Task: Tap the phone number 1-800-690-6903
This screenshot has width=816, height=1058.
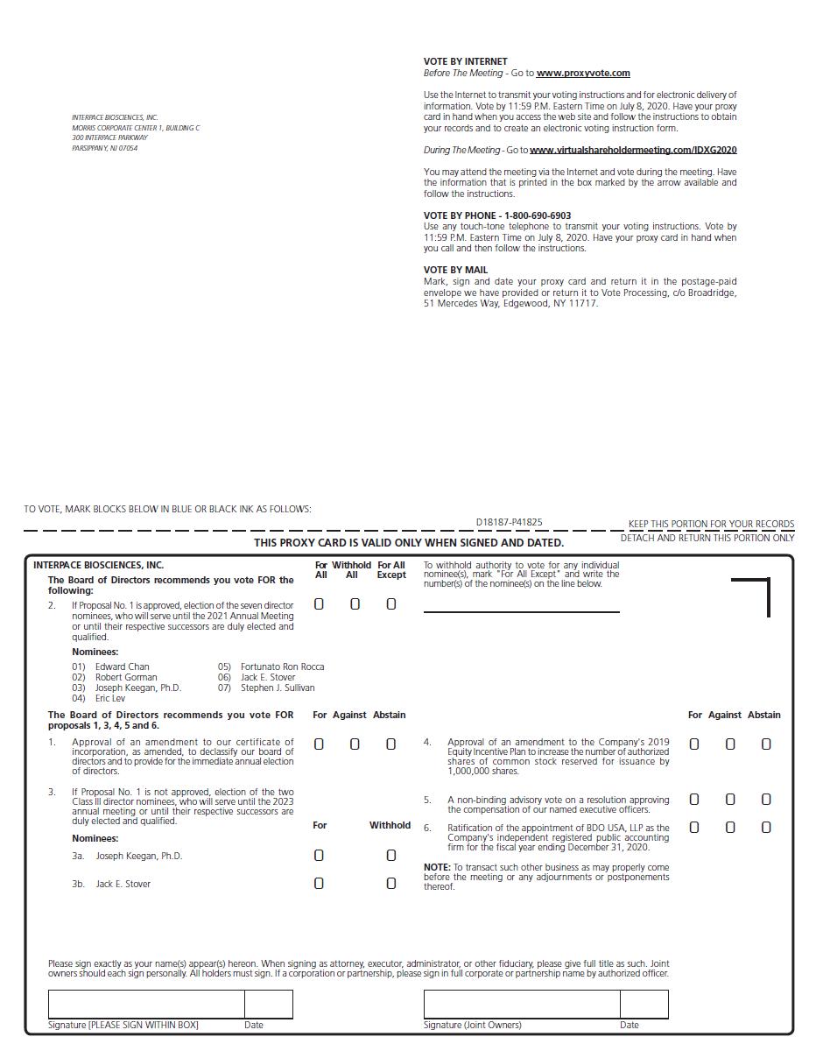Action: pos(538,215)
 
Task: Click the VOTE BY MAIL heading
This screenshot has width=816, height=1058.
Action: pos(455,270)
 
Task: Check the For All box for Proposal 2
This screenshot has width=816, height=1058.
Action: pos(319,604)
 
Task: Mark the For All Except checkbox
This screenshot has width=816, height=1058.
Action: pos(391,604)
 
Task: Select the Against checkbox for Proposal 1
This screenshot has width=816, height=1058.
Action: pos(355,744)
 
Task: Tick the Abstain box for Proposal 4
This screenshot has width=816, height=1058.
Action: pos(766,744)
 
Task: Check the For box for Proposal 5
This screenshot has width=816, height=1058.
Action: pos(694,800)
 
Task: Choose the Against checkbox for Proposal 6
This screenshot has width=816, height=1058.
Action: pos(730,828)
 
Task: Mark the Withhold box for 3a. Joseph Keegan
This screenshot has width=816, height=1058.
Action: pos(391,856)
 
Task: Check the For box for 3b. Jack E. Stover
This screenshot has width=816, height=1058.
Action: pos(319,884)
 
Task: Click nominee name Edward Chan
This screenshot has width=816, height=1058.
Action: pos(123,667)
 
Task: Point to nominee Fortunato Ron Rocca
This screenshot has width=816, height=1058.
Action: pos(282,667)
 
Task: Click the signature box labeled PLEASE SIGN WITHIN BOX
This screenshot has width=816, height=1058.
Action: pos(146,1004)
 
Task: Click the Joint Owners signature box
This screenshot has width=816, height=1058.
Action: pos(522,1004)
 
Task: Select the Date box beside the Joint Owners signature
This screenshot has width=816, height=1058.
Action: pos(644,1004)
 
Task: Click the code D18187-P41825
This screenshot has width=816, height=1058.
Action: pos(509,522)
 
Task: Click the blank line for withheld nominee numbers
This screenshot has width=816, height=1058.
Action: pos(521,606)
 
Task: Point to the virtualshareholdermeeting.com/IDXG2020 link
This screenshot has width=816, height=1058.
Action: pos(633,150)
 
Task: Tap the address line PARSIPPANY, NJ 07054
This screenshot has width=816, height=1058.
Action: pos(104,148)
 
